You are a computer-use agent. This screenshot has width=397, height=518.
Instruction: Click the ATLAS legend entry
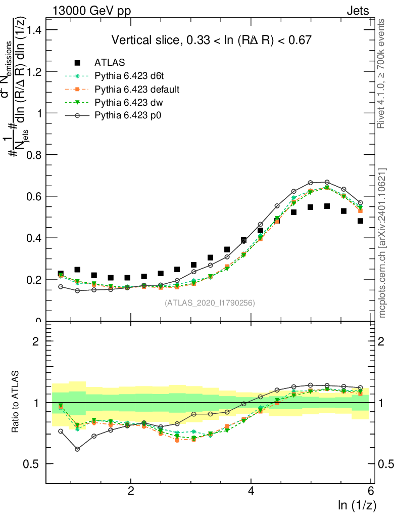click(x=110, y=63)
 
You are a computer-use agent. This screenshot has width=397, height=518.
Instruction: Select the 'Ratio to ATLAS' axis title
click(x=16, y=402)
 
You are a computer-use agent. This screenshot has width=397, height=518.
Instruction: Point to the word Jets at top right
click(x=358, y=11)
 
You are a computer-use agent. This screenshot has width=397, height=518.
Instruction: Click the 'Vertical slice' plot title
click(x=211, y=40)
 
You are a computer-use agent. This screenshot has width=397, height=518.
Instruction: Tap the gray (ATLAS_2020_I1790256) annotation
click(x=210, y=303)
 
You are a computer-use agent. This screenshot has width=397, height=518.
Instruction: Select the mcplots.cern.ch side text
click(x=382, y=243)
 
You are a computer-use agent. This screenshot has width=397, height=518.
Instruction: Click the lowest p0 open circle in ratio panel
click(x=77, y=449)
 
